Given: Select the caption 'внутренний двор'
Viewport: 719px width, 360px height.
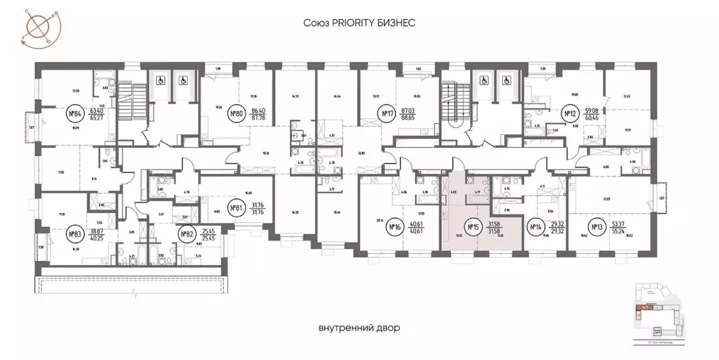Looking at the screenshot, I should (x=359, y=328).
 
